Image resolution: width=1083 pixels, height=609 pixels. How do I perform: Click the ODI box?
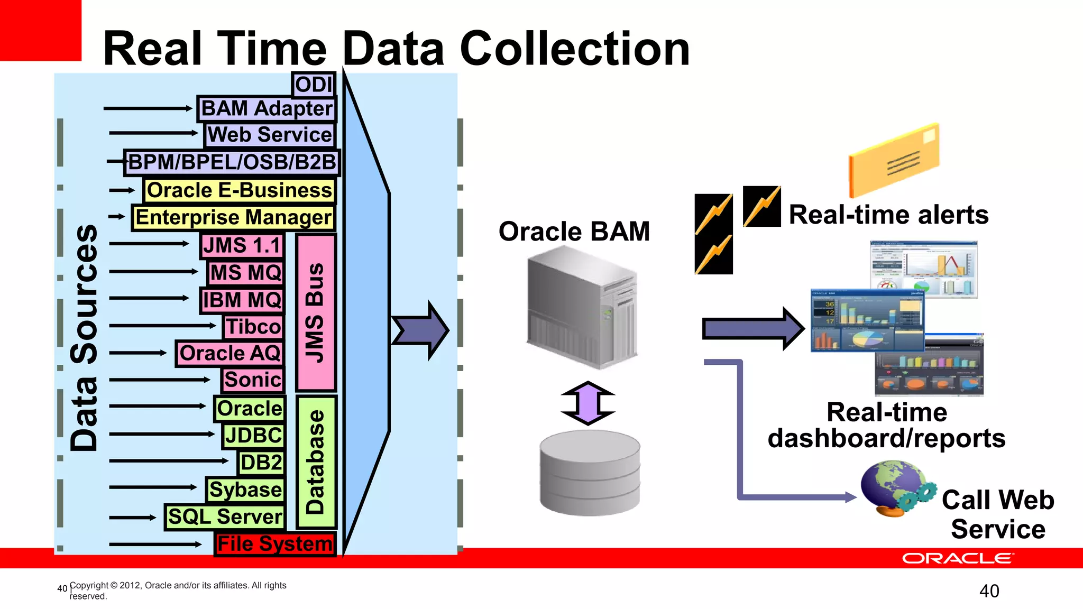tap(314, 85)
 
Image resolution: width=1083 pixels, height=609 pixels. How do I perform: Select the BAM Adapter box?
tap(267, 108)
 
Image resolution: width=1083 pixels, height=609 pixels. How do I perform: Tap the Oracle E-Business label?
tap(239, 190)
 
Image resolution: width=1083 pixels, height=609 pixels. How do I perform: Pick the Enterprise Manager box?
tap(233, 217)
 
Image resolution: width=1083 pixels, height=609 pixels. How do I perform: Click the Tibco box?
tap(253, 326)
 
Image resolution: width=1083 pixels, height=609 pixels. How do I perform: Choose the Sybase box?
tap(245, 490)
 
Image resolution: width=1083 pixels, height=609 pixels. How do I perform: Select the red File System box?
tap(275, 544)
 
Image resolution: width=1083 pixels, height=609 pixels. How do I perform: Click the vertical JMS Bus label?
tap(316, 312)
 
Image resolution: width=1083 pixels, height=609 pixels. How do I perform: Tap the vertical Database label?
tap(316, 462)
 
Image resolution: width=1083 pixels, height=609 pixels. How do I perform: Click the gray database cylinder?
tap(590, 473)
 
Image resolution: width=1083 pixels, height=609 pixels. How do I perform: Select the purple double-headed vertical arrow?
tap(588, 403)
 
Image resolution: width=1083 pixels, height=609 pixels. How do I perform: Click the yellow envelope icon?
tap(894, 160)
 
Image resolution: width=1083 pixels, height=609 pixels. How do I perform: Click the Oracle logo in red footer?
tap(957, 559)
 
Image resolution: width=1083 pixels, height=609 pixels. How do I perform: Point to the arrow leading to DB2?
tap(168, 461)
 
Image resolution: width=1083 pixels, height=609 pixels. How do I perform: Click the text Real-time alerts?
tap(888, 215)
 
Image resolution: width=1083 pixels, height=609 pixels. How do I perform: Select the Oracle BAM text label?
tap(574, 232)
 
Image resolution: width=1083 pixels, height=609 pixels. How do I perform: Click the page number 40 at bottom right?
tap(989, 591)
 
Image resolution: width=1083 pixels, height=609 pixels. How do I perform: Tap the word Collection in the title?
tap(575, 49)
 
